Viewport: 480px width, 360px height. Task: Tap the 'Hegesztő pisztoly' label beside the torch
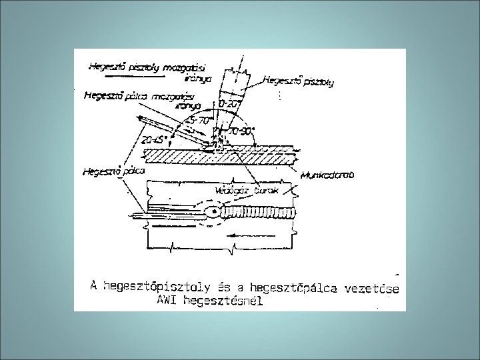coord(299,82)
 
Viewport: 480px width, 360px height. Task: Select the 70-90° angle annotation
coord(243,131)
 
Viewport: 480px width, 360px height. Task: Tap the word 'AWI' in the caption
coord(167,301)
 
